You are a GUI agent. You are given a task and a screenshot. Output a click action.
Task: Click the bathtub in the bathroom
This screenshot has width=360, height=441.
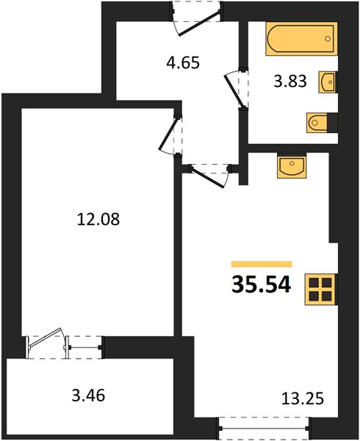[301, 39]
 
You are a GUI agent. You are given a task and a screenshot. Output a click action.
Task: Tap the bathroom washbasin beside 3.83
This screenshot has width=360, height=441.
[328, 82]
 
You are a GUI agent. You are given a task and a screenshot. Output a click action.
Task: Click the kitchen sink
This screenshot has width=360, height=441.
[292, 166]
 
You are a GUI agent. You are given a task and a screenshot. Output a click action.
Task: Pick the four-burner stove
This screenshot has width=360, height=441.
[320, 290]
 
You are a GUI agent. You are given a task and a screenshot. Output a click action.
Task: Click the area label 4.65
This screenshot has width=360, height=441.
[183, 62]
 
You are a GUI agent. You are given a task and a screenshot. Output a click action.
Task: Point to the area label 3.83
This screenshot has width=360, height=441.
[290, 82]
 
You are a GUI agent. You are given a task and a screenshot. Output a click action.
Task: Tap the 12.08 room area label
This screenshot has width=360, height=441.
[98, 219]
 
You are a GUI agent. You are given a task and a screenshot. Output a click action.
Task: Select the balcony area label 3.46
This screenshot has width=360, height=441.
[88, 395]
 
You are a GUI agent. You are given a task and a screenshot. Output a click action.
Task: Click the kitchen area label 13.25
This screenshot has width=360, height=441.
[303, 398]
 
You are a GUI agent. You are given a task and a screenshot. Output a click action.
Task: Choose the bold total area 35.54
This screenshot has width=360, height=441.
[261, 284]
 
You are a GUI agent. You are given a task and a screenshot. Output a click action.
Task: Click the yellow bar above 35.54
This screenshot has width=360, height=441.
[262, 264]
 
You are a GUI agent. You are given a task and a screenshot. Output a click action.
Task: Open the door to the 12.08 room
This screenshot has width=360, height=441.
[169, 135]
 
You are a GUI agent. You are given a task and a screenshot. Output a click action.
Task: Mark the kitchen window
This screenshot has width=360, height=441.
[264, 428]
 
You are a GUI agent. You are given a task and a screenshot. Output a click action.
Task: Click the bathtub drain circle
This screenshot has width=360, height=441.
[328, 39]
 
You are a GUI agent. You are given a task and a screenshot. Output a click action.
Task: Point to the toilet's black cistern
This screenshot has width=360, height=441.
[333, 123]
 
